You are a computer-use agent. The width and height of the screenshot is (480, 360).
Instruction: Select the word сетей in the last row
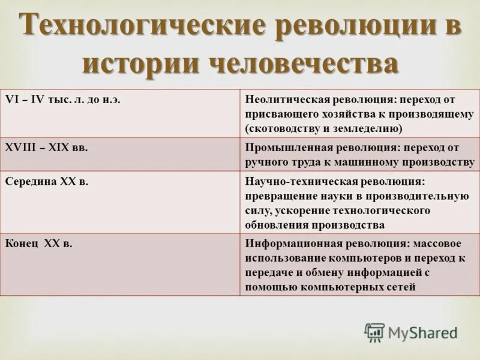400,287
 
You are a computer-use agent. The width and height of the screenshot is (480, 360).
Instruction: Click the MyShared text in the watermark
422,333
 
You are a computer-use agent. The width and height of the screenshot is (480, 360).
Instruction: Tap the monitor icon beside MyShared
374,332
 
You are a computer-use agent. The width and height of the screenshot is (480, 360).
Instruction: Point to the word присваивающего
284,114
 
